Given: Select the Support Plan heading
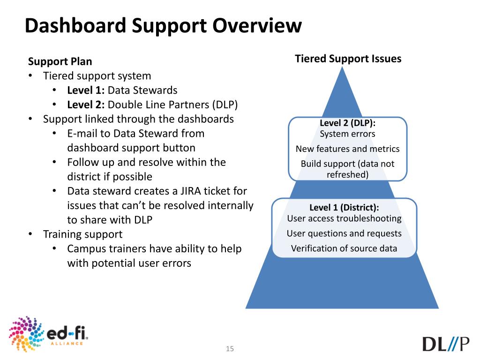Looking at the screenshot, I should pos(60,61).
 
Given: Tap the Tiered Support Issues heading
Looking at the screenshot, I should pos(348,59).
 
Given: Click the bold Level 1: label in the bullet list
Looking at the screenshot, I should pos(86,90).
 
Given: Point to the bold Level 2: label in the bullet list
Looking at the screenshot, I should pos(86,105).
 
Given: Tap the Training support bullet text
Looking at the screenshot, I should pos(82,234).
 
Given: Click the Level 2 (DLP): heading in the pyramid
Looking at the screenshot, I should pos(347,124).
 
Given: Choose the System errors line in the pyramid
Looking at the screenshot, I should pos(347,134).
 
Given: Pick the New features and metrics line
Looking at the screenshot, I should pos(347,149).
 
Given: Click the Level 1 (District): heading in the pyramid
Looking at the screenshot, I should pos(344,208).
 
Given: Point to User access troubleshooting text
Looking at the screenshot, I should pos(344,218).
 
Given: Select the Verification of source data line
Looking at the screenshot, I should pos(344,248).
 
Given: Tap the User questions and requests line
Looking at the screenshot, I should pos(344,233).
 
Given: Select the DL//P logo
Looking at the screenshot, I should pos(445,343).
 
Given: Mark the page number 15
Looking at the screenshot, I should pos(230,349).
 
